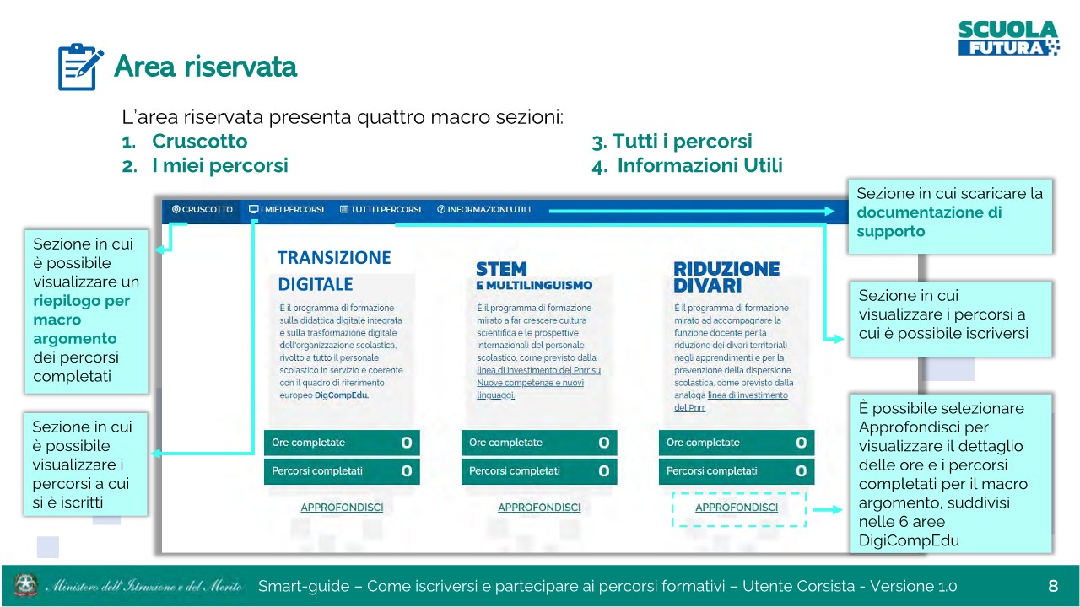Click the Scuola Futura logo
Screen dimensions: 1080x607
[1008, 39]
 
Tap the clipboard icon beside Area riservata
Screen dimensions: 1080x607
[80, 67]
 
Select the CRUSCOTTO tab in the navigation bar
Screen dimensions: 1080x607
[202, 210]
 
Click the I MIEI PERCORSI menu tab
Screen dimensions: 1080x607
[286, 210]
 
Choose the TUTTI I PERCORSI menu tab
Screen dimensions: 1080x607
[381, 210]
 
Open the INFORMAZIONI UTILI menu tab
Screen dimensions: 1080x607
[483, 210]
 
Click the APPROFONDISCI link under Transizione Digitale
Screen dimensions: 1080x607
[342, 508]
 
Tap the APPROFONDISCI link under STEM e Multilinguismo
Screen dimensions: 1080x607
[539, 508]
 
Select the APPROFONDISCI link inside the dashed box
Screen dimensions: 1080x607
[737, 508]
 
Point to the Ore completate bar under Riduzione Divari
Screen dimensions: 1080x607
[737, 443]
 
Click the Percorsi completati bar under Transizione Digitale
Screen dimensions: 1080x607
[342, 471]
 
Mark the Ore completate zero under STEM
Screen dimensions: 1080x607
[603, 443]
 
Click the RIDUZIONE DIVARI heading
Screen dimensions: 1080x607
[726, 277]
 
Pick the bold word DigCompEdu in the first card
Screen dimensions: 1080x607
[342, 395]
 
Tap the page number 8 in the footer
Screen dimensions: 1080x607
[1053, 586]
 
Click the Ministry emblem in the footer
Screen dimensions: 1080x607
[26, 585]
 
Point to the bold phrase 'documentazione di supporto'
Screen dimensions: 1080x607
[929, 222]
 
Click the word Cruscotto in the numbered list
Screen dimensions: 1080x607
[200, 141]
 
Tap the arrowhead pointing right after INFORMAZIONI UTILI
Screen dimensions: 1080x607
[829, 211]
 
